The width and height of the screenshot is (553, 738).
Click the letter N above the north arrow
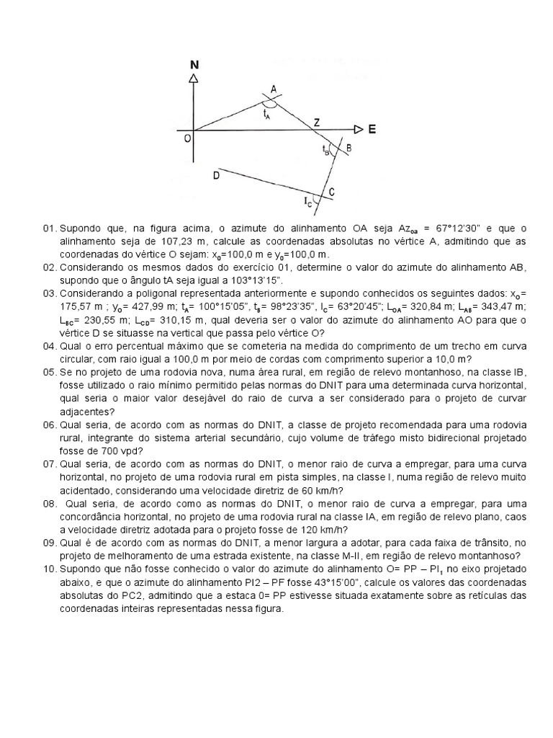tap(194, 65)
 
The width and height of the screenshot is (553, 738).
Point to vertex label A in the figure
tap(273, 89)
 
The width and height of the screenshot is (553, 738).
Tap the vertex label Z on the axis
tap(315, 123)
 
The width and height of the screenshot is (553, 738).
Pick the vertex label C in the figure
tap(331, 192)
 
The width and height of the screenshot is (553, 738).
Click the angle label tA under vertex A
tap(267, 114)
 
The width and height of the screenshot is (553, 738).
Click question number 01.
tap(49, 228)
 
